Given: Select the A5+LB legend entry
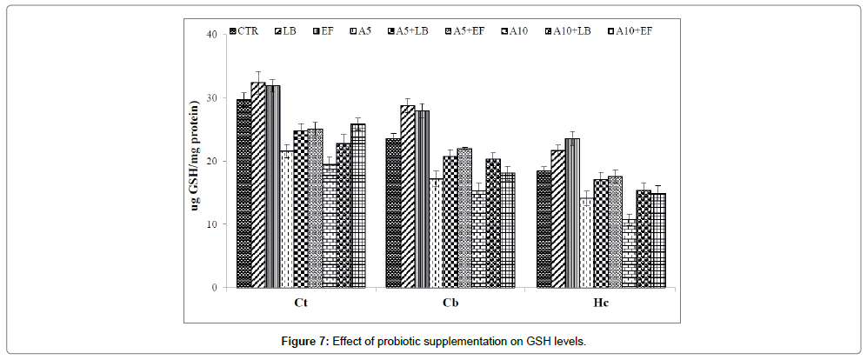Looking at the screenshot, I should [405, 31].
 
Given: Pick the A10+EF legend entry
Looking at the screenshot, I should [630, 31].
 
